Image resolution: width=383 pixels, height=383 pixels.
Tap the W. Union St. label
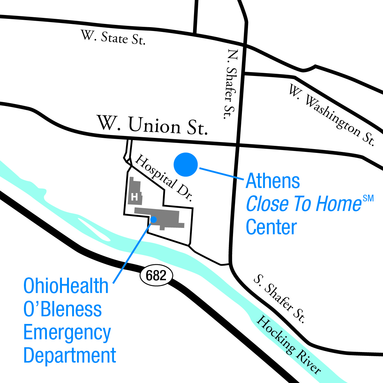point(152,125)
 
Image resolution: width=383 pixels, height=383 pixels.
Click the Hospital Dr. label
point(163,178)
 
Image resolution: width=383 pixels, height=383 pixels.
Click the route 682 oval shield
point(156,275)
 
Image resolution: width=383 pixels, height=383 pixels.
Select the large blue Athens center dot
point(186,164)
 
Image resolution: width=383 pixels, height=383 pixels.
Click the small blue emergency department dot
point(154,219)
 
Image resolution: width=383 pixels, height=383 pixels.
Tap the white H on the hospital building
point(134,197)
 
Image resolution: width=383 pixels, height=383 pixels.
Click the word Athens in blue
point(273,181)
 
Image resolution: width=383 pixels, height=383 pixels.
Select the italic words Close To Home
point(304,204)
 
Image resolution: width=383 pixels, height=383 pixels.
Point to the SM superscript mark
point(368,199)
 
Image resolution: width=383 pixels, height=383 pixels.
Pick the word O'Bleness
point(63,309)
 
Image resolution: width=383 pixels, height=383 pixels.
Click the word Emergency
point(67,333)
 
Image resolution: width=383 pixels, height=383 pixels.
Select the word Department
point(70,356)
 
